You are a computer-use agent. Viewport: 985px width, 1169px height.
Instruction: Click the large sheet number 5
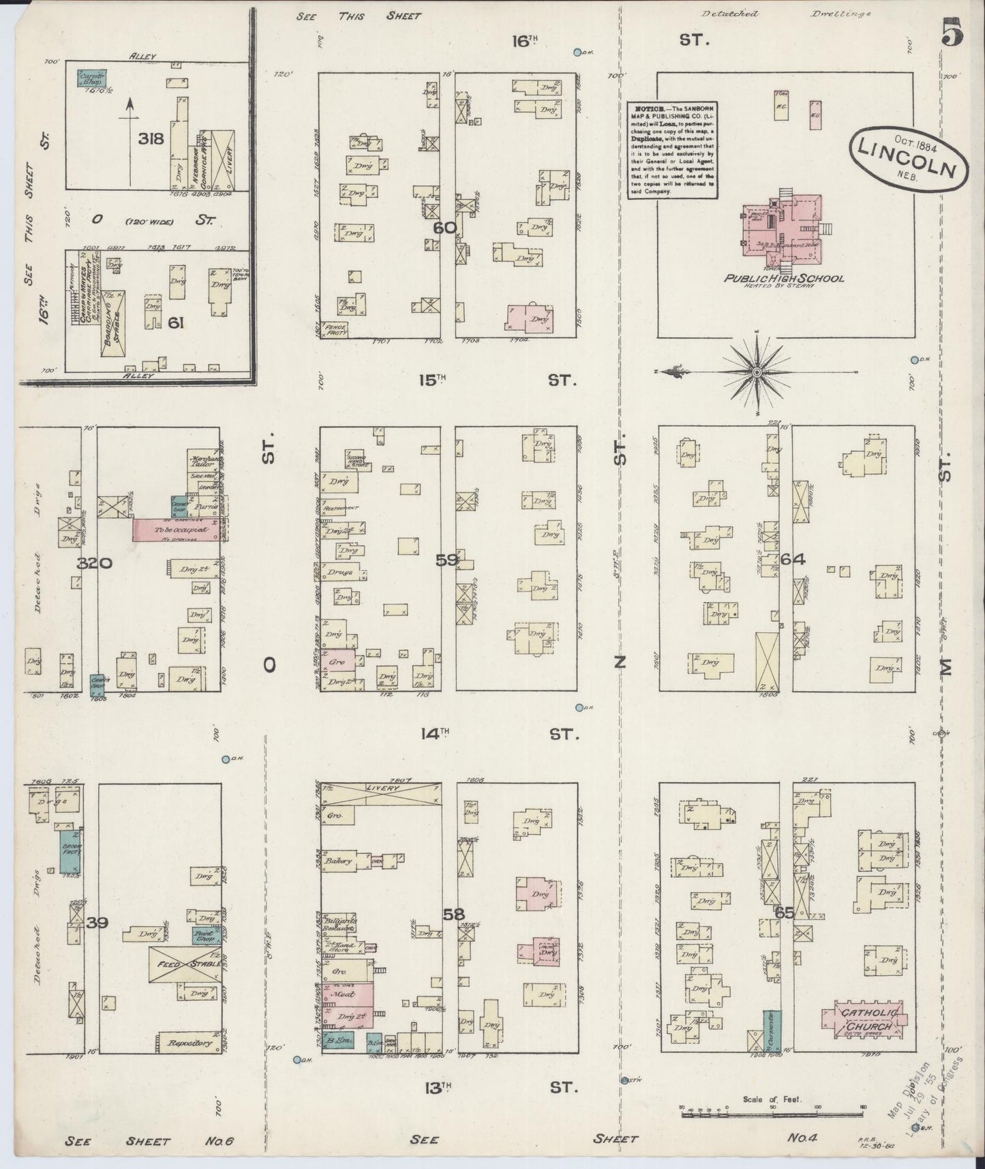pos(952,33)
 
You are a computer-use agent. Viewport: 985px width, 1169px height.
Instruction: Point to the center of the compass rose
pos(756,372)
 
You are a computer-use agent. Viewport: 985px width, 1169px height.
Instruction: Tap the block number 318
pos(151,139)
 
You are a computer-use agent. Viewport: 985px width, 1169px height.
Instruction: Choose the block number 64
pos(793,559)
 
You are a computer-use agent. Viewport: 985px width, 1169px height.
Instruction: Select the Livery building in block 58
pos(381,794)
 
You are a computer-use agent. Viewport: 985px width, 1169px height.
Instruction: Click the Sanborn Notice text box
pos(672,149)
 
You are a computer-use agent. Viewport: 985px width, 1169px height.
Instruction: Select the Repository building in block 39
pos(188,1042)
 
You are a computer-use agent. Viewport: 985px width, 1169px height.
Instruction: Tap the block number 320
pos(94,563)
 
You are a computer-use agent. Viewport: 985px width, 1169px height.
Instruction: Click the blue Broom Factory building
pos(71,852)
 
